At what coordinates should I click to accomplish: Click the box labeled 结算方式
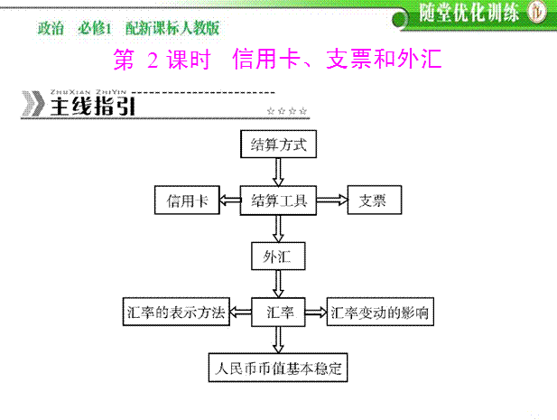[x=277, y=144]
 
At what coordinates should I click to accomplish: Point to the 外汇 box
[x=277, y=257]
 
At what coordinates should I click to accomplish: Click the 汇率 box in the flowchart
[x=277, y=313]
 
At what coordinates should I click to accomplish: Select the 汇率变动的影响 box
[x=379, y=313]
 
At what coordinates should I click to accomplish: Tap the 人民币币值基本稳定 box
[x=277, y=369]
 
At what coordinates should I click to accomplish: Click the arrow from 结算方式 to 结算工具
[x=277, y=172]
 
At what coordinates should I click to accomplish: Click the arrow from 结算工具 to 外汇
[x=277, y=229]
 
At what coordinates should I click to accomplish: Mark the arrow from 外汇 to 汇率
[x=277, y=285]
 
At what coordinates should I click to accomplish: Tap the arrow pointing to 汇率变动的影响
[x=315, y=313]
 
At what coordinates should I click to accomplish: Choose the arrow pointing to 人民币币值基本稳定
[x=277, y=341]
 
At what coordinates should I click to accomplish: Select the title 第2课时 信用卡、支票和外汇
[x=278, y=61]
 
